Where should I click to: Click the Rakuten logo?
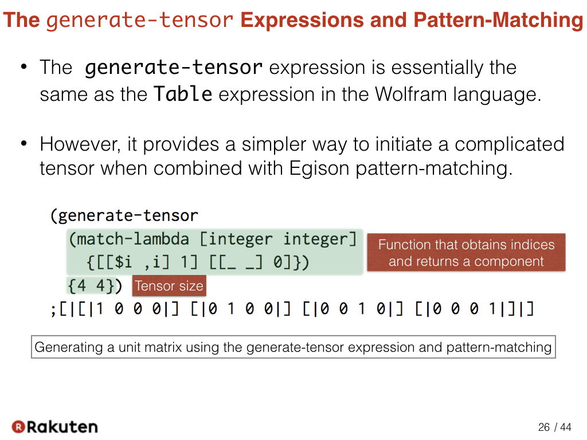tap(54, 426)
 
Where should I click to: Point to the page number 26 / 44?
tap(554, 427)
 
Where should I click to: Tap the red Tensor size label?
tap(169, 286)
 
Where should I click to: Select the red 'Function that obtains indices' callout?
tap(466, 253)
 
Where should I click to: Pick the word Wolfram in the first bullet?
tap(410, 94)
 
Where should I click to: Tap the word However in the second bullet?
tap(80, 144)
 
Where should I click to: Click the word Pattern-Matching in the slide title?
tap(498, 20)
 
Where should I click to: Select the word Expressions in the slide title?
tap(302, 20)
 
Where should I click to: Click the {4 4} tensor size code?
tap(91, 286)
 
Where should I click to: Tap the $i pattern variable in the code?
tap(123, 262)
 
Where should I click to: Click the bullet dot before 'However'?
tap(24, 144)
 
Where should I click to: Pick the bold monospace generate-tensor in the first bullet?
tap(173, 68)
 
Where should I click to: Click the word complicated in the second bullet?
tap(509, 144)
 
